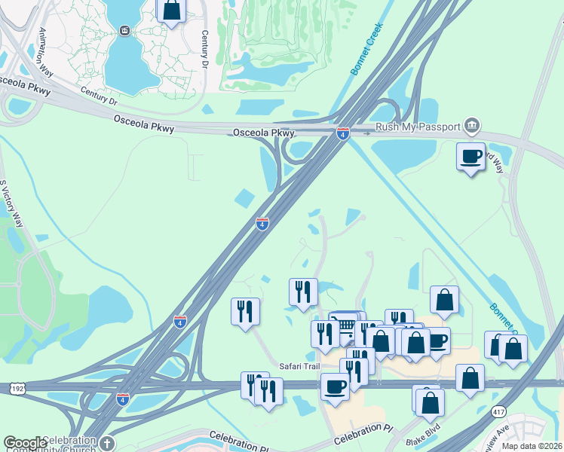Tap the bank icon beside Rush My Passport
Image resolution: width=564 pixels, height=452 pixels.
pos(472,124)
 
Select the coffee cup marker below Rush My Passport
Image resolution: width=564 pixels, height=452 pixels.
pos(471,157)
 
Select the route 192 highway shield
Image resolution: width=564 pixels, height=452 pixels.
pos(17,387)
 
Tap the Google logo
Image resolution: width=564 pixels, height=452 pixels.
pos(25,443)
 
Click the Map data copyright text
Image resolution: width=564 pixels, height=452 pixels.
pos(532,446)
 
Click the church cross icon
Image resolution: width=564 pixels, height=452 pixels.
pos(106,444)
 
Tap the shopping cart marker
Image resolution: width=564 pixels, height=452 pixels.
pos(345,325)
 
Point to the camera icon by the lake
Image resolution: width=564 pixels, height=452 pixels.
pos(124,30)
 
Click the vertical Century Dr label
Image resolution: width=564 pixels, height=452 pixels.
pos(204,50)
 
